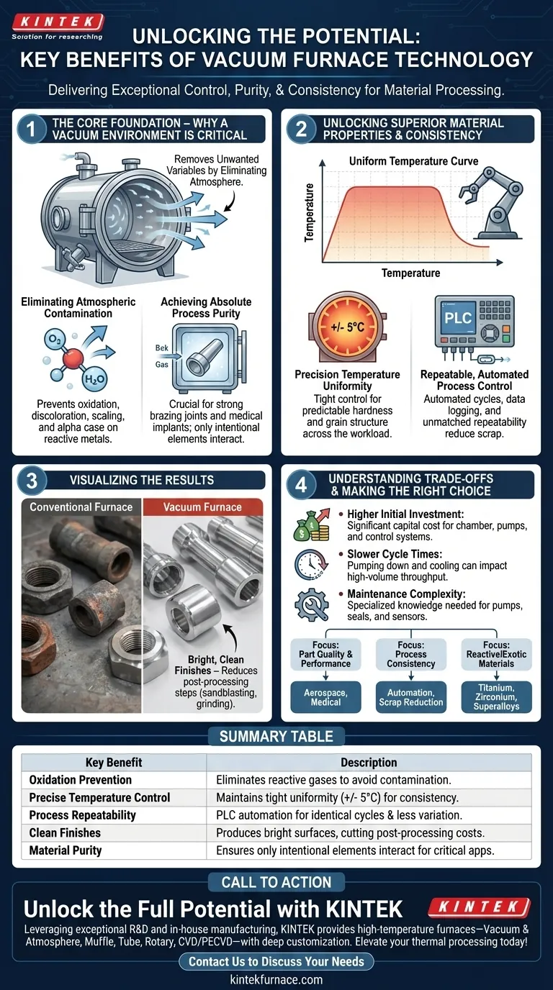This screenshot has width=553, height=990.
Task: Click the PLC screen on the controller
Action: pyautogui.click(x=458, y=317)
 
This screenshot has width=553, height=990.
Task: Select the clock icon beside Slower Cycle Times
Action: pyautogui.click(x=310, y=565)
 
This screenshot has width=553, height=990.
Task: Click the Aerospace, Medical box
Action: pyautogui.click(x=325, y=696)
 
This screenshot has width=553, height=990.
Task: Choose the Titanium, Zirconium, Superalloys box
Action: pyautogui.click(x=496, y=696)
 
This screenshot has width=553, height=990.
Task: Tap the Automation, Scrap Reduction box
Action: pyautogui.click(x=410, y=696)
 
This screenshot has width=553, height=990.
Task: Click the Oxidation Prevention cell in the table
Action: pyautogui.click(x=81, y=780)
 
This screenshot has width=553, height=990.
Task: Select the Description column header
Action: pyautogui.click(x=368, y=762)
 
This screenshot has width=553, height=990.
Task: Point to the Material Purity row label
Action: pyautogui.click(x=66, y=850)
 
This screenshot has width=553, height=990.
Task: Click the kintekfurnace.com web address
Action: pyautogui.click(x=276, y=979)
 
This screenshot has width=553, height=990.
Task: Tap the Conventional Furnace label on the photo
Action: pyautogui.click(x=81, y=507)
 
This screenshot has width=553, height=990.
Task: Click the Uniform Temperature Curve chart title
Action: pyautogui.click(x=413, y=161)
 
